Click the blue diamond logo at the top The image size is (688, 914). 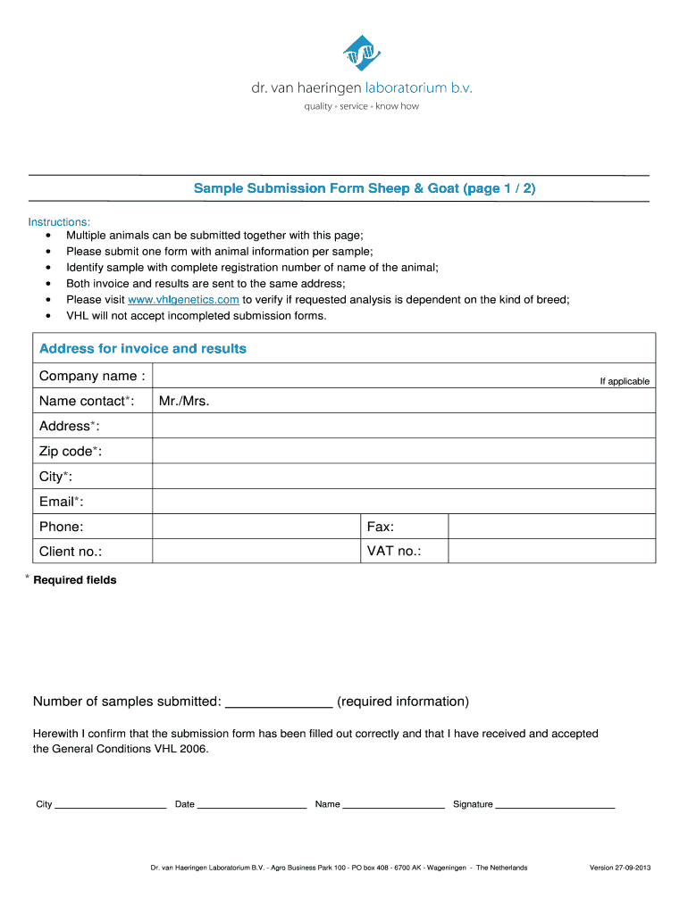tap(362, 53)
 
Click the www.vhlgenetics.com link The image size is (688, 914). tap(183, 300)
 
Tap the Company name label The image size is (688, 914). tap(92, 376)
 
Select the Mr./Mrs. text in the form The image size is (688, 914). tap(184, 401)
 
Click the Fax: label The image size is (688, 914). tap(381, 527)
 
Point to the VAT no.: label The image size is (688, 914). tap(394, 552)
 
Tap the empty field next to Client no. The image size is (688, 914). tap(256, 552)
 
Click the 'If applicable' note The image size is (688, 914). tap(625, 381)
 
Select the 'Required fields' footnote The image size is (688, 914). tap(74, 580)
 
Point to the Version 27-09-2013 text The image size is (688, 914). tap(620, 868)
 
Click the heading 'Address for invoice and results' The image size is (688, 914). tap(143, 348)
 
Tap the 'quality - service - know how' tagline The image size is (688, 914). tap(362, 106)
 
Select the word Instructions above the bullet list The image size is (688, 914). tap(59, 221)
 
